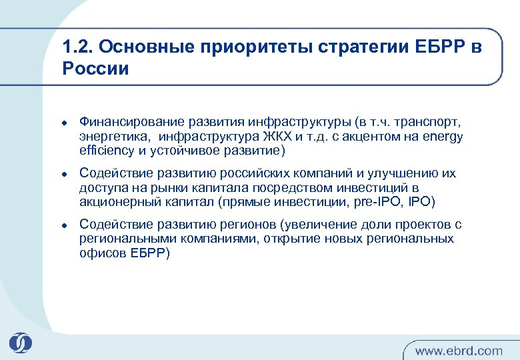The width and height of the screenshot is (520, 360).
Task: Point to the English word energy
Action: (x=444, y=137)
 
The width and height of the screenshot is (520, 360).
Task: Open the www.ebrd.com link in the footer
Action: (x=459, y=350)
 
